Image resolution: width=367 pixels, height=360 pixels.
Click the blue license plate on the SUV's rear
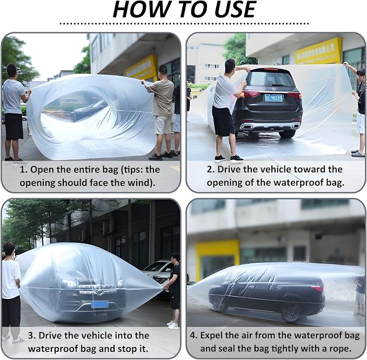273,98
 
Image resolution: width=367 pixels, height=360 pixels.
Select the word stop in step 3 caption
128,349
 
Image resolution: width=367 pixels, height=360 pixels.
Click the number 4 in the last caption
193,336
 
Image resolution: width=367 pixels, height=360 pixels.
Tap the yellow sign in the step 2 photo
318,51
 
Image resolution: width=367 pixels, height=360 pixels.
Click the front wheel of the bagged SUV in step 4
219,303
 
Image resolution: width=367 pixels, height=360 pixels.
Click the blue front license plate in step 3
100,304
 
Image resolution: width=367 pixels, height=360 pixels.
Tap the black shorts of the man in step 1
14,126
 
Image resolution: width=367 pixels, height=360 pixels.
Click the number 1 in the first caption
23,170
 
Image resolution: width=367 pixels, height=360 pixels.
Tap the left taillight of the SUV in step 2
249,95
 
